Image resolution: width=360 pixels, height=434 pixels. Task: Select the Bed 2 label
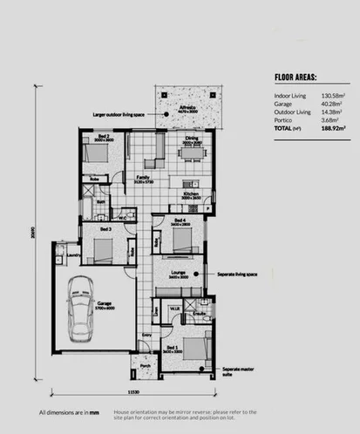pyautogui.click(x=102, y=137)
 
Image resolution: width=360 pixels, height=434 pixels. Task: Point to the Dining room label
pyautogui.click(x=191, y=138)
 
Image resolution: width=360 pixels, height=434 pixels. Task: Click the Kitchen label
pyautogui.click(x=191, y=193)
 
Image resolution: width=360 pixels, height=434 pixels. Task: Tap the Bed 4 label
pyautogui.click(x=180, y=220)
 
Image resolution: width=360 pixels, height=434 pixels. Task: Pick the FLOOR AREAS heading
pyautogui.click(x=295, y=76)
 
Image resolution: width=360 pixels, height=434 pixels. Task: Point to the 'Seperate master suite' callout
pyautogui.click(x=237, y=371)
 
